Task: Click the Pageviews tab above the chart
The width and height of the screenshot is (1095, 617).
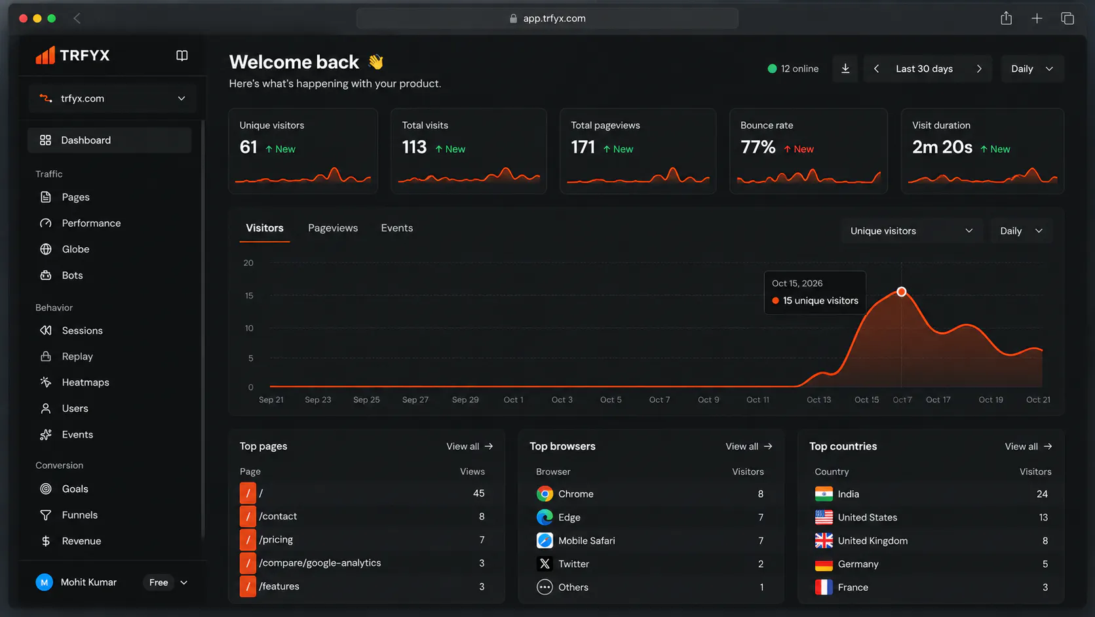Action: (x=333, y=228)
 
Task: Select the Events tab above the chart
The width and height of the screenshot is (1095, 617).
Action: (x=397, y=228)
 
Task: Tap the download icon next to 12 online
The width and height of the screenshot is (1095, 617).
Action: (x=845, y=68)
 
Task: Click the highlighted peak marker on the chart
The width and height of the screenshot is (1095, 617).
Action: (x=902, y=292)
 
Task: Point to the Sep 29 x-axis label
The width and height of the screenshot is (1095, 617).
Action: (x=465, y=400)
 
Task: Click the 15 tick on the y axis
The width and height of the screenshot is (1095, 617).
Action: (x=249, y=296)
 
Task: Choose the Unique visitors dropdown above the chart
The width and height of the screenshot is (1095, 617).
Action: (x=911, y=231)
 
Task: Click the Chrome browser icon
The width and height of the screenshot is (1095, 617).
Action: (x=545, y=494)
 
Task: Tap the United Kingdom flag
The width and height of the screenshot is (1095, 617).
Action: (x=824, y=541)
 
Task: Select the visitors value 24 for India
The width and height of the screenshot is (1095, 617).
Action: (x=1042, y=494)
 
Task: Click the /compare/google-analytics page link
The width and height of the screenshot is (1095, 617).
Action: (x=320, y=563)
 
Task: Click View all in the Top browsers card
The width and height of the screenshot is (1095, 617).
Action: (x=748, y=447)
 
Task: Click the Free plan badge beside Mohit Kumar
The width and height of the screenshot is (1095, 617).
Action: (x=159, y=582)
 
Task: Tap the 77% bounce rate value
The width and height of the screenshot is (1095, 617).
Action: (x=758, y=148)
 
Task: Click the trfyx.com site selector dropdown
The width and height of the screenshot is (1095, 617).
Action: (x=113, y=98)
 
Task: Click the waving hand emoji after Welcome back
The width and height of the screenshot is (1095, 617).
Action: (x=376, y=62)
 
